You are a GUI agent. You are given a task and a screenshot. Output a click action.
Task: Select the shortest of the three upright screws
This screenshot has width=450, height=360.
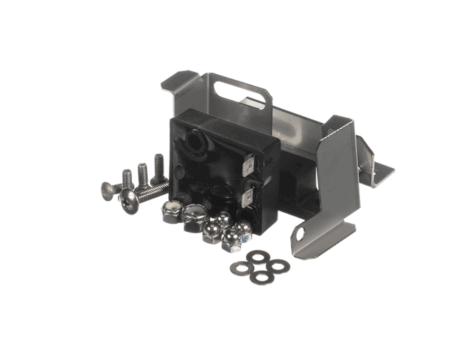pyautogui.click(x=127, y=178)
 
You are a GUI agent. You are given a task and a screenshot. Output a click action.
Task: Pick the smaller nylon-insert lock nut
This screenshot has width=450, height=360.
pyautogui.click(x=170, y=211)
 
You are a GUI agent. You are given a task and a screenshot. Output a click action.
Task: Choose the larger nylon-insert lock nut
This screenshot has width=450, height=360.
pyautogui.click(x=193, y=214)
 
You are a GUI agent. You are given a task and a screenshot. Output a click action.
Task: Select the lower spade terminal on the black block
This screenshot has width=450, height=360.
pyautogui.click(x=251, y=198)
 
